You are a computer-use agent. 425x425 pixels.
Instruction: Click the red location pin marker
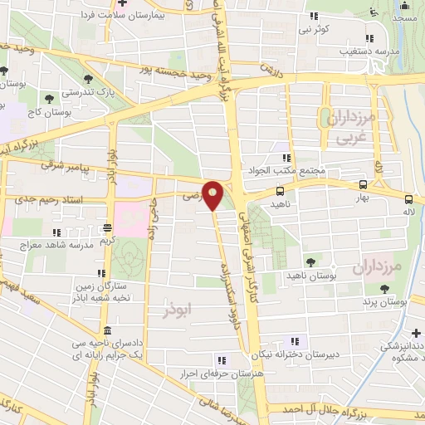click(213, 194)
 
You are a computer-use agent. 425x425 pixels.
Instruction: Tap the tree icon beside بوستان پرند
click(383, 288)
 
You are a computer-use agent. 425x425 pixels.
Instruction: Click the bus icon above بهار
click(362, 184)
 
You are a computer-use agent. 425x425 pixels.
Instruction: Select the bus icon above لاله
click(408, 198)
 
